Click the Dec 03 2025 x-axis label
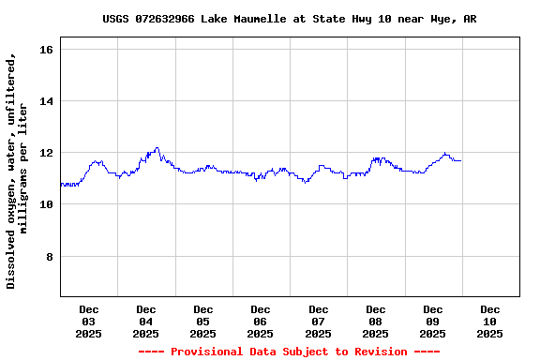coord(89,321)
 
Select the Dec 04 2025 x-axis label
coord(146,321)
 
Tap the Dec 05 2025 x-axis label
coord(203,321)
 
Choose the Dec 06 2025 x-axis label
coord(261,321)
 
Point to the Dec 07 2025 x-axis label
coord(319,321)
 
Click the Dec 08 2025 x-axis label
coord(376,321)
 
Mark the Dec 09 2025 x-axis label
coord(433,321)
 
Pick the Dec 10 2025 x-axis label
coord(490,321)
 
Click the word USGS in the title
coord(116,19)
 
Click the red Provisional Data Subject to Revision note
coord(289,352)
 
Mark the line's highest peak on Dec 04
coord(157,147)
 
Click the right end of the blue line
coord(460,161)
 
